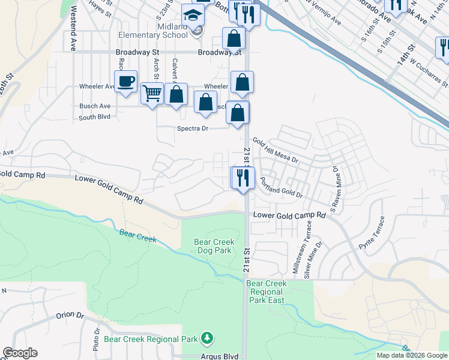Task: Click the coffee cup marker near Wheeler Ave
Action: click(125, 82)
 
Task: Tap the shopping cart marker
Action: click(152, 93)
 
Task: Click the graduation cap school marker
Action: click(193, 16)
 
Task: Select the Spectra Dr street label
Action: click(192, 128)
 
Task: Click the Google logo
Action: click(20, 353)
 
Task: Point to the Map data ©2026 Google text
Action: click(411, 355)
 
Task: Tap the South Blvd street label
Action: click(95, 116)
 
